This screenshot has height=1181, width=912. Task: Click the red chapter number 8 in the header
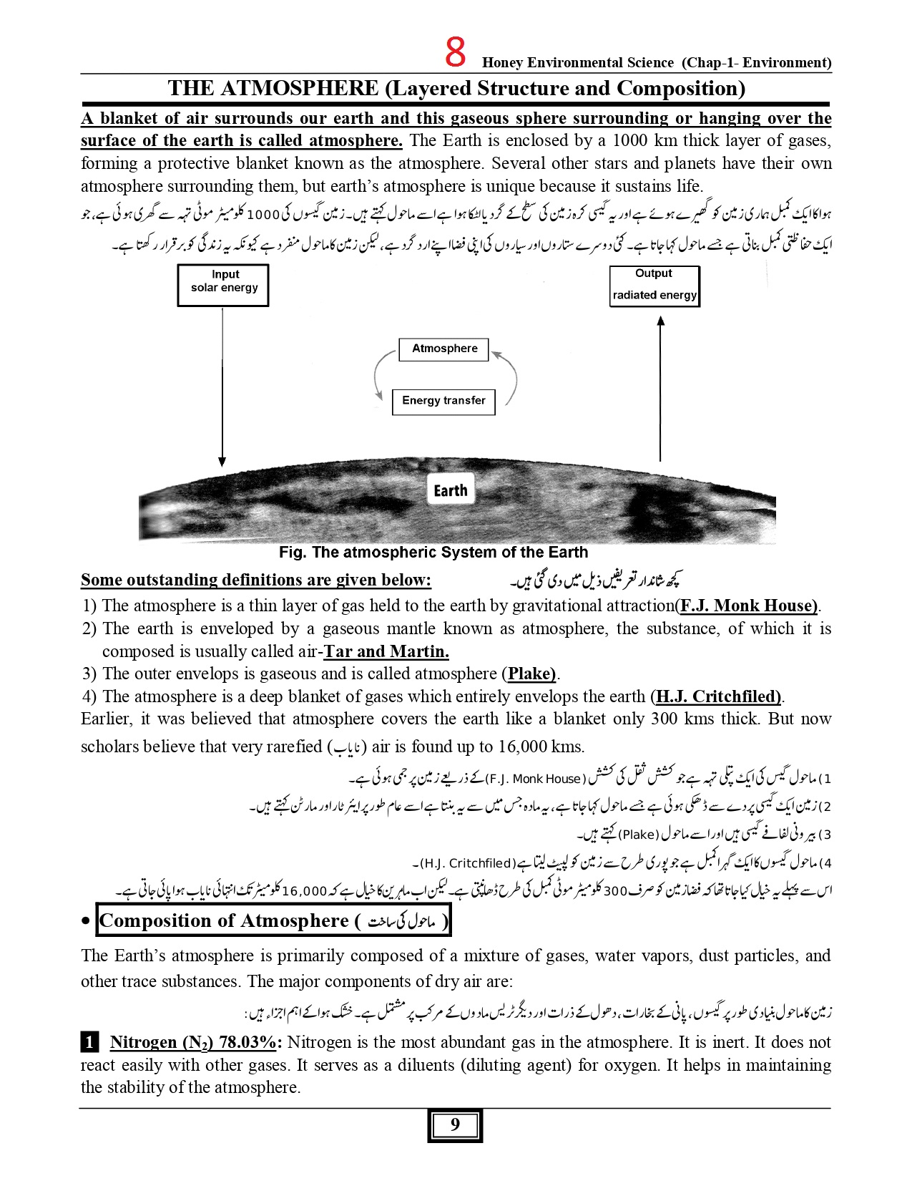pos(455,52)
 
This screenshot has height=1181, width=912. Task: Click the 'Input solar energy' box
pos(223,285)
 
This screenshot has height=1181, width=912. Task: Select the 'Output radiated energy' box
pos(654,286)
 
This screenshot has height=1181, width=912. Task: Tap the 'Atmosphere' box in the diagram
pos(444,349)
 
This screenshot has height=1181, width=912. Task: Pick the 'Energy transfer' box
pos(443,401)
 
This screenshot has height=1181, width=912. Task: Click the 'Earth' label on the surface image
pos(450,491)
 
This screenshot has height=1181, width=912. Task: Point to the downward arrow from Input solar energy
pos(222,387)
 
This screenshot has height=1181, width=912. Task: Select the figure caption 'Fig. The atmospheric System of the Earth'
pos(433,553)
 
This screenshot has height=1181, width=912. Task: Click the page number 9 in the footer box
pos(455,1124)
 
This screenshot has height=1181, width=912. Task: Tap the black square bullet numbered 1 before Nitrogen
pos(89,1041)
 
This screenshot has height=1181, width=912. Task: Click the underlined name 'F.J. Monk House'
pos(747,606)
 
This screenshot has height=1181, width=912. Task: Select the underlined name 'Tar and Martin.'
pos(386,651)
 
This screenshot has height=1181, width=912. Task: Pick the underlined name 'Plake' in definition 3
pos(531,674)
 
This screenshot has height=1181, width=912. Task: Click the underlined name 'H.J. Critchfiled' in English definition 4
pos(717,696)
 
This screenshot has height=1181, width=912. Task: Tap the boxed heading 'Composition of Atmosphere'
pos(274,920)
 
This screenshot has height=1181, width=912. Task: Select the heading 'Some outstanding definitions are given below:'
pos(256,580)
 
